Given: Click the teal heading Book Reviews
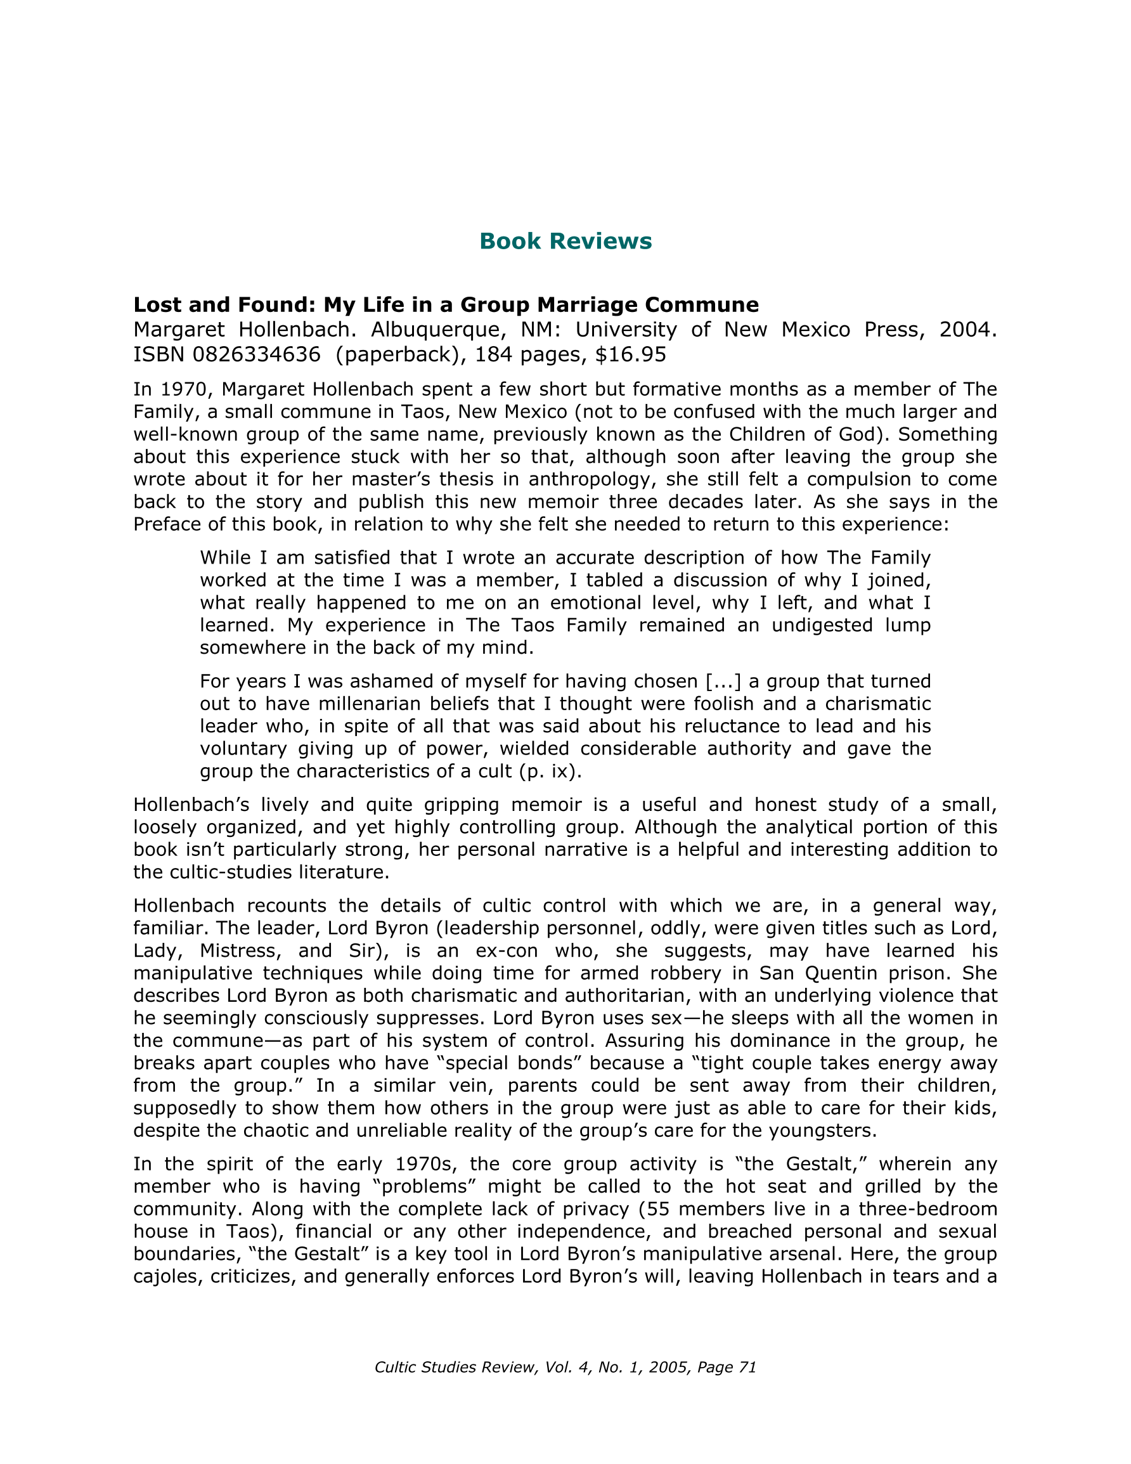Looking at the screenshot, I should (x=565, y=242).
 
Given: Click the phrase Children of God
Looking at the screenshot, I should (x=808, y=434).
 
